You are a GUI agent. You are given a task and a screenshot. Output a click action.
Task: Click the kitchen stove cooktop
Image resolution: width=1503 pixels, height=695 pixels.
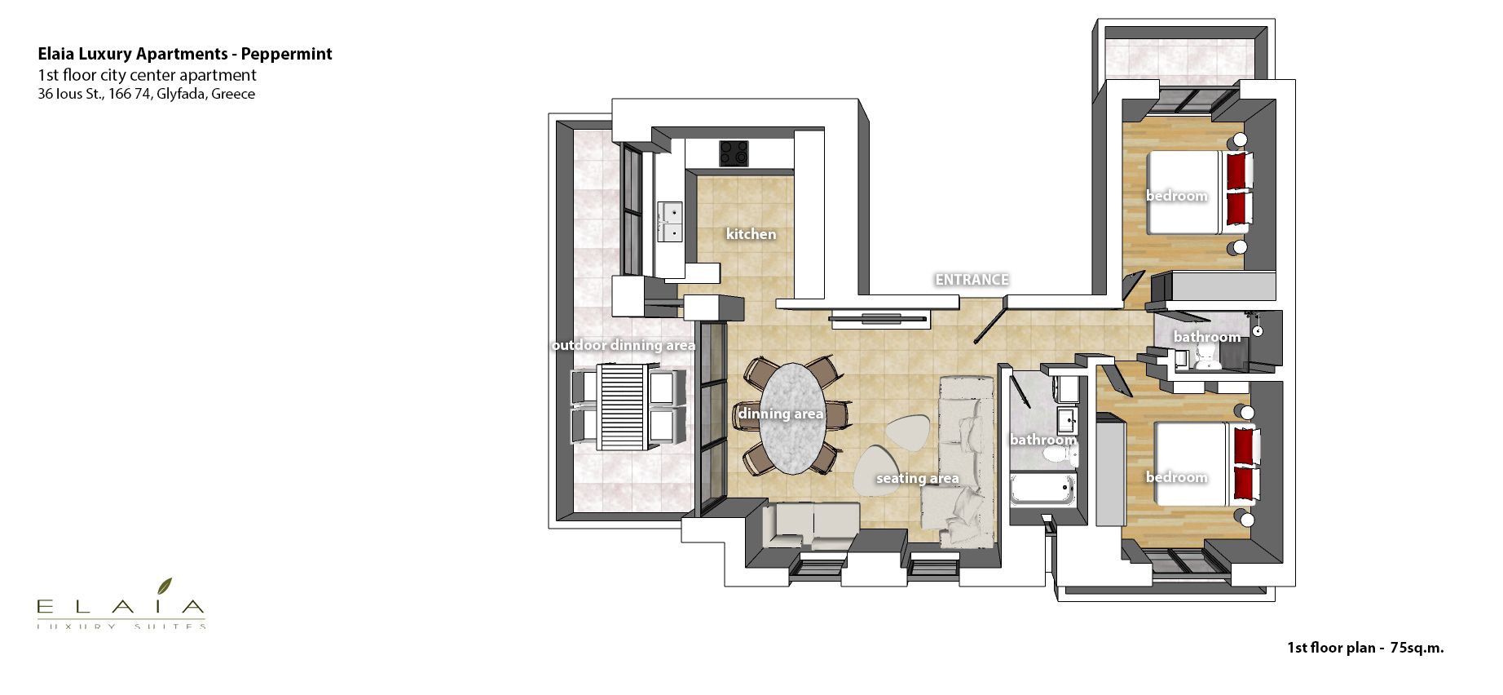coord(734,153)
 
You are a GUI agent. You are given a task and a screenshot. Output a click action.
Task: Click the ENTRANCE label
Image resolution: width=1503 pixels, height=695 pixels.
coord(972,280)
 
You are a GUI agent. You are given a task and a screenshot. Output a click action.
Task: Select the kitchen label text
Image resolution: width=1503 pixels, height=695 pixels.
coord(751,234)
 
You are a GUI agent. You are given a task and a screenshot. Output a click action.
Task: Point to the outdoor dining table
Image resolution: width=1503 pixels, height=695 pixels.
coord(624,407)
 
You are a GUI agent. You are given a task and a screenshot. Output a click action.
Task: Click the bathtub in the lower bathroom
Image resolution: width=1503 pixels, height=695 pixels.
coord(1042,490)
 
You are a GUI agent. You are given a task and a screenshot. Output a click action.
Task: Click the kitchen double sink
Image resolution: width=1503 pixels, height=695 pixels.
coord(671,223)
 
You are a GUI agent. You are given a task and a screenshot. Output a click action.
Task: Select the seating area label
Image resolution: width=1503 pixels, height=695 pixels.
coord(917,478)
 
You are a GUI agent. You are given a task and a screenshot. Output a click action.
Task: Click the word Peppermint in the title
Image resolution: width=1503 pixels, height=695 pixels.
coord(286,54)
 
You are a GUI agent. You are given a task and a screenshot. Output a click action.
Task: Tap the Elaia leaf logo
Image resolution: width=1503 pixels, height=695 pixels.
coord(165,586)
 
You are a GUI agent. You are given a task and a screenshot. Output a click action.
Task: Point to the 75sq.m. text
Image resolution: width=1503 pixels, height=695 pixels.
coord(1417,648)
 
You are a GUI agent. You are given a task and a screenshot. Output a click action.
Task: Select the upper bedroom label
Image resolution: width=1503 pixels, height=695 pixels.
coord(1176,196)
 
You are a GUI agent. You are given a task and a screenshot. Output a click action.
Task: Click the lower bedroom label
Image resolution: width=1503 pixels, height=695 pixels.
coord(1176,477)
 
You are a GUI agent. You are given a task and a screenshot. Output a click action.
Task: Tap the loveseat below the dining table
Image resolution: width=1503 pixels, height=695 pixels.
coord(811,525)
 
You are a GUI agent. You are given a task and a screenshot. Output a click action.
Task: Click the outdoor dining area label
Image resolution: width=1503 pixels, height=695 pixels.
coord(624,345)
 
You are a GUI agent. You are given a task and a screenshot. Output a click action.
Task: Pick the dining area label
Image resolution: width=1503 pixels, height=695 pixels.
coord(780,414)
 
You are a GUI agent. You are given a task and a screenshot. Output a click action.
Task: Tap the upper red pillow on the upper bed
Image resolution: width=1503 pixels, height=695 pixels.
coord(1237,170)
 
